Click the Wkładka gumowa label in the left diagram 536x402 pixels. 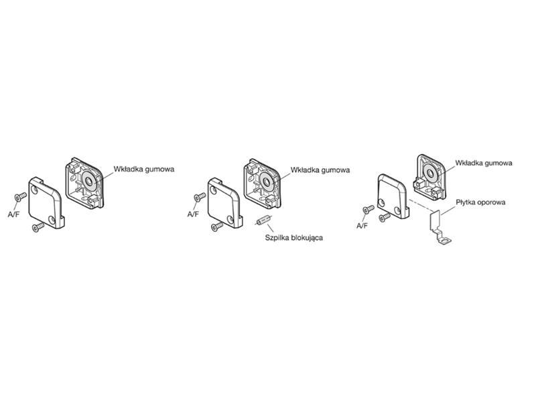(x=144, y=170)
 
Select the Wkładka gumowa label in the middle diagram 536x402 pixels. (x=320, y=170)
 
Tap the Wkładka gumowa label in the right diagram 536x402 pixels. (x=484, y=163)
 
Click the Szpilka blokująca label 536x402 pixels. (x=294, y=237)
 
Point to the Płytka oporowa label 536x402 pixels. (x=480, y=202)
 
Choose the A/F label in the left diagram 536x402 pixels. (x=13, y=214)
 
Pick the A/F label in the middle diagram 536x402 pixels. (x=193, y=214)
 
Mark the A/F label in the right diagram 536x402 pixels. (x=362, y=226)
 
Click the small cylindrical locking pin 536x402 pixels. (x=263, y=220)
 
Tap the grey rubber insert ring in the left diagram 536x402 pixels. (x=90, y=181)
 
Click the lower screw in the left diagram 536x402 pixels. (x=38, y=227)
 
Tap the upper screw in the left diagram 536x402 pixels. (x=20, y=196)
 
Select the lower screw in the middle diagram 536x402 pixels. (x=217, y=226)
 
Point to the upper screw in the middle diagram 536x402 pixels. (x=200, y=197)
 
